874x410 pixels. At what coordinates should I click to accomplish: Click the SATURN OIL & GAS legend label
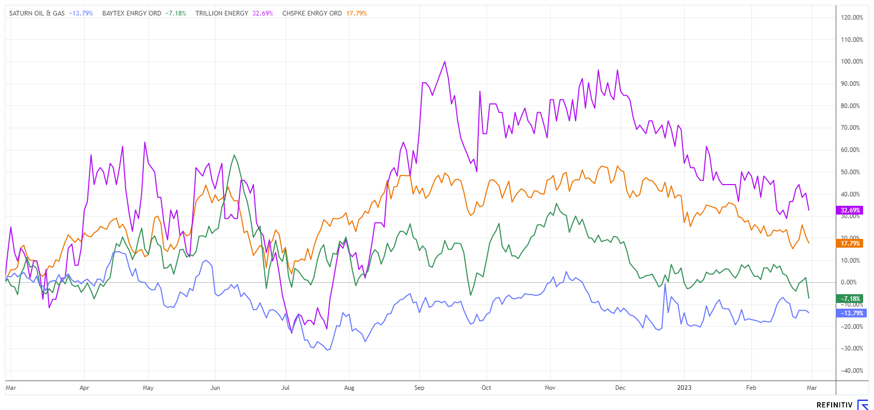click(x=37, y=13)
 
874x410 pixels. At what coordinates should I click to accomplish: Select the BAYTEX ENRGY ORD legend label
click(x=131, y=13)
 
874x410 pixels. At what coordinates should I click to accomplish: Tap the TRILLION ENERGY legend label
click(x=222, y=13)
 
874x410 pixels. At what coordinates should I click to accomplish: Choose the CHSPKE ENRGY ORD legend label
click(x=312, y=13)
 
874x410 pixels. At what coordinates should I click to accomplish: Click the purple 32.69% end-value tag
click(x=850, y=210)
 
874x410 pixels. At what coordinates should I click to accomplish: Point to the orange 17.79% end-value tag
click(x=850, y=243)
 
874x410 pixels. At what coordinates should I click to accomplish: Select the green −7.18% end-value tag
click(x=850, y=299)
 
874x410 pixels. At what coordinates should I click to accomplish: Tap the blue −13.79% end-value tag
click(x=850, y=313)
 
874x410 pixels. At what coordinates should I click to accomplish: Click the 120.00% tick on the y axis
click(x=852, y=18)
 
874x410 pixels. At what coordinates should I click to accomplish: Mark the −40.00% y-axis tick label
click(x=851, y=371)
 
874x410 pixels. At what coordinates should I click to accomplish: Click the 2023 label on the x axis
click(x=684, y=388)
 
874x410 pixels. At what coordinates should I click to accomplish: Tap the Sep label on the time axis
click(x=419, y=388)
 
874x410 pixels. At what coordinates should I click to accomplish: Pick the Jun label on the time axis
click(x=215, y=388)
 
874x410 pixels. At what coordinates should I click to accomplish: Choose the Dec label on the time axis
click(x=620, y=388)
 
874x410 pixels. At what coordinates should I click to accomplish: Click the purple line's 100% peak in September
click(x=444, y=62)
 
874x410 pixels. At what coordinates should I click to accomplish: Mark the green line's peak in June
click(x=234, y=155)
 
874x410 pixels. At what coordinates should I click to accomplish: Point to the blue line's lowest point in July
click(x=327, y=350)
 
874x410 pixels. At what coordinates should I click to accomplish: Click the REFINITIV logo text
click(x=834, y=405)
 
